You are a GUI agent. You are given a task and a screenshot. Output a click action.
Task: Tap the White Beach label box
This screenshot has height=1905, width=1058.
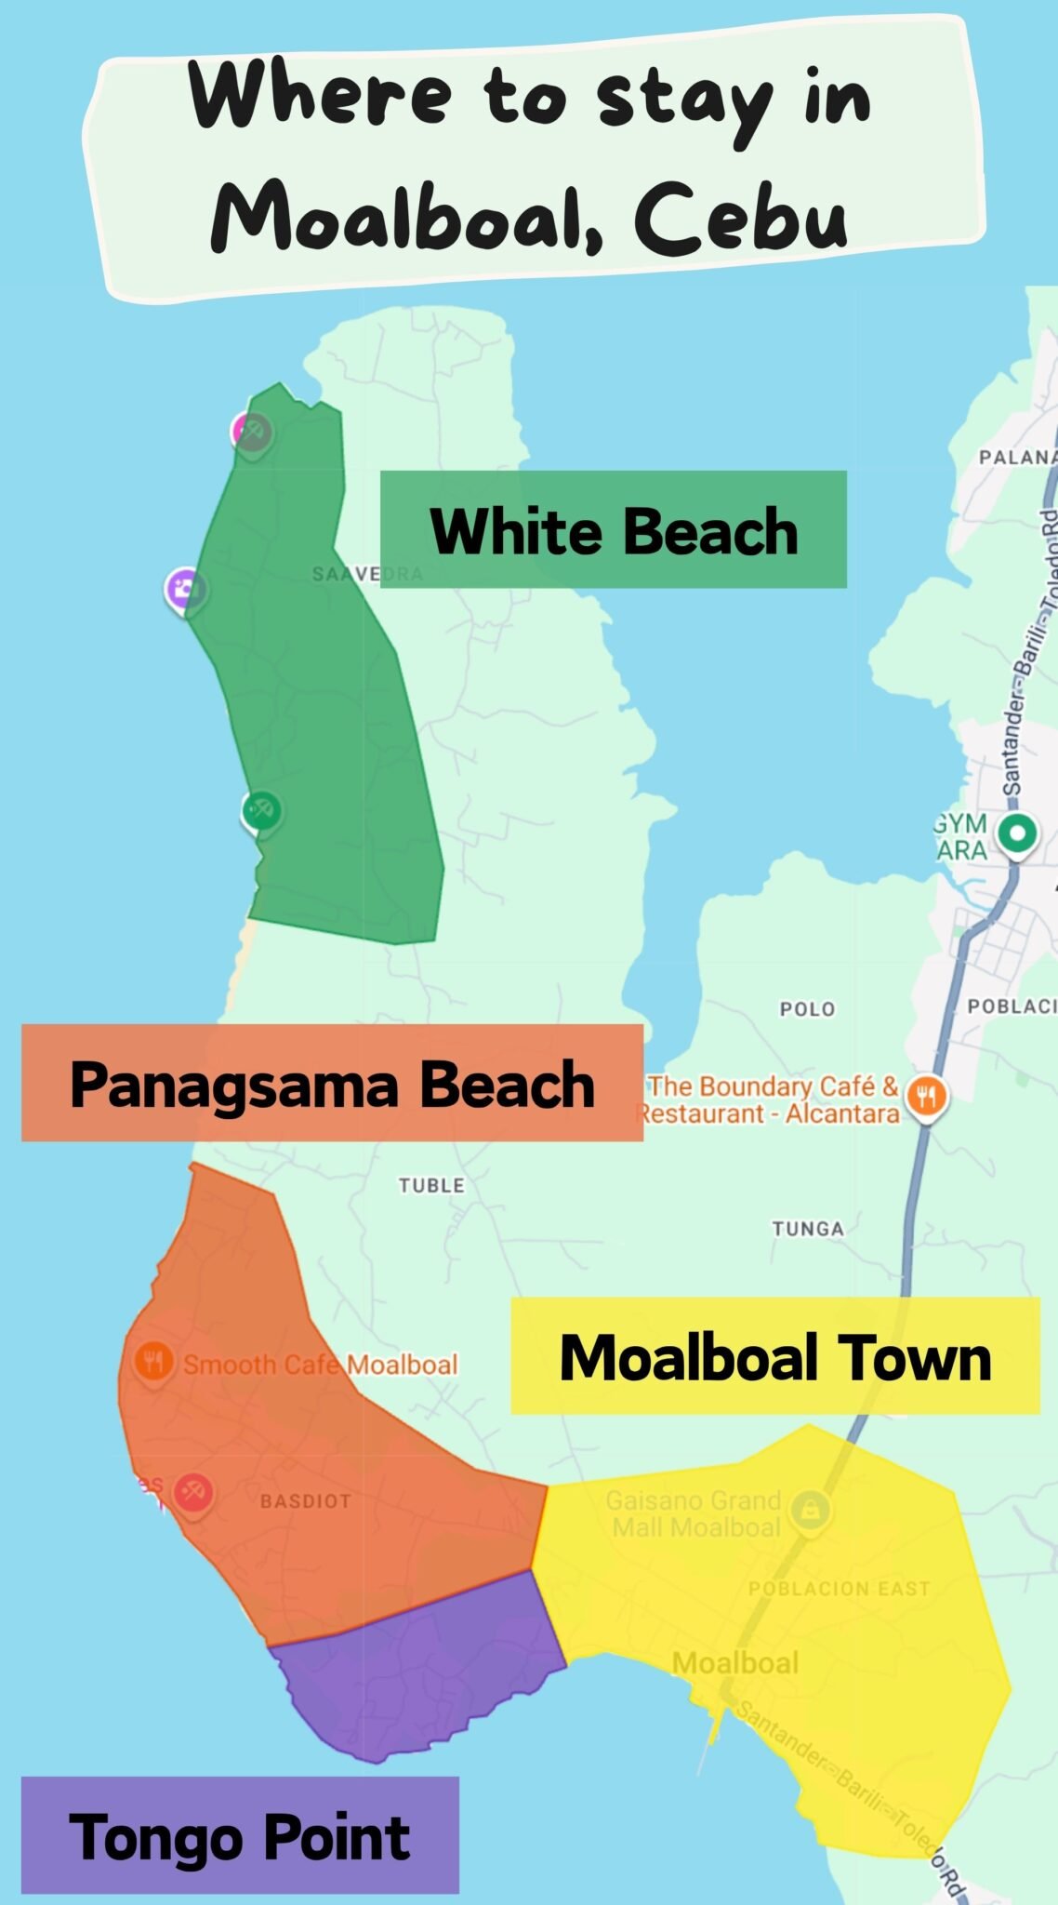pyautogui.click(x=613, y=530)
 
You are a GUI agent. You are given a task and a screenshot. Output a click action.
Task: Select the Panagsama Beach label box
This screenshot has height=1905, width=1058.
pyautogui.click(x=332, y=1084)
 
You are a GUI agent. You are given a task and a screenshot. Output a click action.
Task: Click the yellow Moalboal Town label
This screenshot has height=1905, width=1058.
pyautogui.click(x=774, y=1357)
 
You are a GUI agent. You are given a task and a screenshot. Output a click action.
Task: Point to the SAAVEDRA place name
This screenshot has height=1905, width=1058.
pyautogui.click(x=366, y=574)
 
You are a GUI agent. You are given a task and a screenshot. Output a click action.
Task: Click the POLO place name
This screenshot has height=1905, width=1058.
pyautogui.click(x=807, y=1009)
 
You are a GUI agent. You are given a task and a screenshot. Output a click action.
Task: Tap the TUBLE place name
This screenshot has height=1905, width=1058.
pyautogui.click(x=431, y=1185)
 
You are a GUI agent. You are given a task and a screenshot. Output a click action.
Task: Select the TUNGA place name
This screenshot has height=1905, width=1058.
pyautogui.click(x=808, y=1229)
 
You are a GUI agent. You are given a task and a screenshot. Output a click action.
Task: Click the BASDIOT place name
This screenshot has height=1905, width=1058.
pyautogui.click(x=305, y=1501)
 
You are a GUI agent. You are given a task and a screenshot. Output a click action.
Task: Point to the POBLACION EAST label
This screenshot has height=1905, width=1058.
pyautogui.click(x=839, y=1589)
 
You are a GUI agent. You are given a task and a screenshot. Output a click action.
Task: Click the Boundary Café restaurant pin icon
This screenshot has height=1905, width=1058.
pyautogui.click(x=925, y=1097)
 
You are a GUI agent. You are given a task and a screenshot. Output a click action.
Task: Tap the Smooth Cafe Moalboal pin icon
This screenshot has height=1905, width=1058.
pyautogui.click(x=152, y=1363)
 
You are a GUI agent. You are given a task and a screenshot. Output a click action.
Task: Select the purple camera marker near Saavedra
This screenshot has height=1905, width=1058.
pyautogui.click(x=185, y=589)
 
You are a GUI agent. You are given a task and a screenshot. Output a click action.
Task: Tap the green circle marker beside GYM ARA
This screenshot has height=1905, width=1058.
pyautogui.click(x=1017, y=833)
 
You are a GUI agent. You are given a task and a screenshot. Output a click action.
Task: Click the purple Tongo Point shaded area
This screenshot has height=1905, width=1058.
pyautogui.click(x=418, y=1674)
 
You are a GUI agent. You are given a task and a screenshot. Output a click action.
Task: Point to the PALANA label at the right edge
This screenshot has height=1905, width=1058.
pyautogui.click(x=1017, y=457)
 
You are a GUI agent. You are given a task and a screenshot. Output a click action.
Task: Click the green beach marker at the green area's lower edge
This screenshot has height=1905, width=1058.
pyautogui.click(x=261, y=810)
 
